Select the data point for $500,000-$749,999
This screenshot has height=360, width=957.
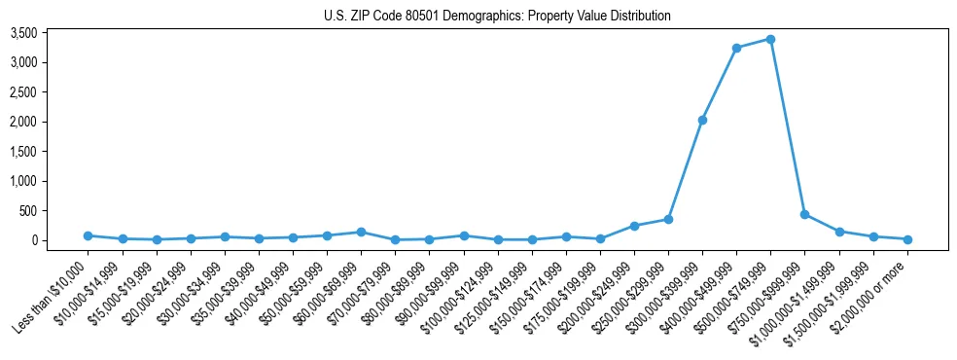tap(770, 39)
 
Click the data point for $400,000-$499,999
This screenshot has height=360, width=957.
tap(736, 48)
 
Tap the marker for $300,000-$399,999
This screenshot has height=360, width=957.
tap(702, 120)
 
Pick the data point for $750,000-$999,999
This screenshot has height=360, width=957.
tap(804, 214)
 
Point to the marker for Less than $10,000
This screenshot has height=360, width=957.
tap(88, 235)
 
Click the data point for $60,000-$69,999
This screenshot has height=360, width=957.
tap(361, 232)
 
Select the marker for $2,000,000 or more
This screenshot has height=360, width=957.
tap(907, 239)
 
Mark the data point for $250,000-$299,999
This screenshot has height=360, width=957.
tap(668, 219)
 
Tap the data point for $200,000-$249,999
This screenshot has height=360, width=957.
tap(634, 226)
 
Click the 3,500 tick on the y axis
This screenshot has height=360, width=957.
tap(51, 33)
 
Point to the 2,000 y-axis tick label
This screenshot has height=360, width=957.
tap(51, 122)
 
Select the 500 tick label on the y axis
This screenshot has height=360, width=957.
tap(56, 211)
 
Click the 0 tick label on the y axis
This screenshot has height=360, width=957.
tap(61, 240)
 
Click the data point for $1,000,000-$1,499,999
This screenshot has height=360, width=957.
tap(838, 232)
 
